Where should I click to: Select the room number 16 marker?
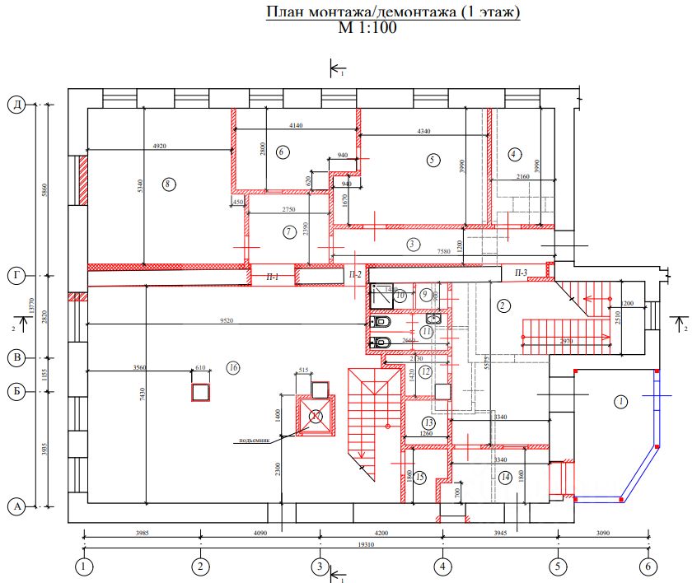point(233,368)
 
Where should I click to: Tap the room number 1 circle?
point(620,402)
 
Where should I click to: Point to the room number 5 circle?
point(433,160)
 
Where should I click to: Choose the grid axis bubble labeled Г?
point(15,275)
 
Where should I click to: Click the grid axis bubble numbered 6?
point(648,567)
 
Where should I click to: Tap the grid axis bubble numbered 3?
point(320,567)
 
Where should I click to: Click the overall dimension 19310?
point(363,544)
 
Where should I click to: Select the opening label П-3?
point(521,273)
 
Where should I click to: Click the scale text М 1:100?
point(367,28)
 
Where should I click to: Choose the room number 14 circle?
point(505,478)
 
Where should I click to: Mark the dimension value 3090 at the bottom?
point(605,534)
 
